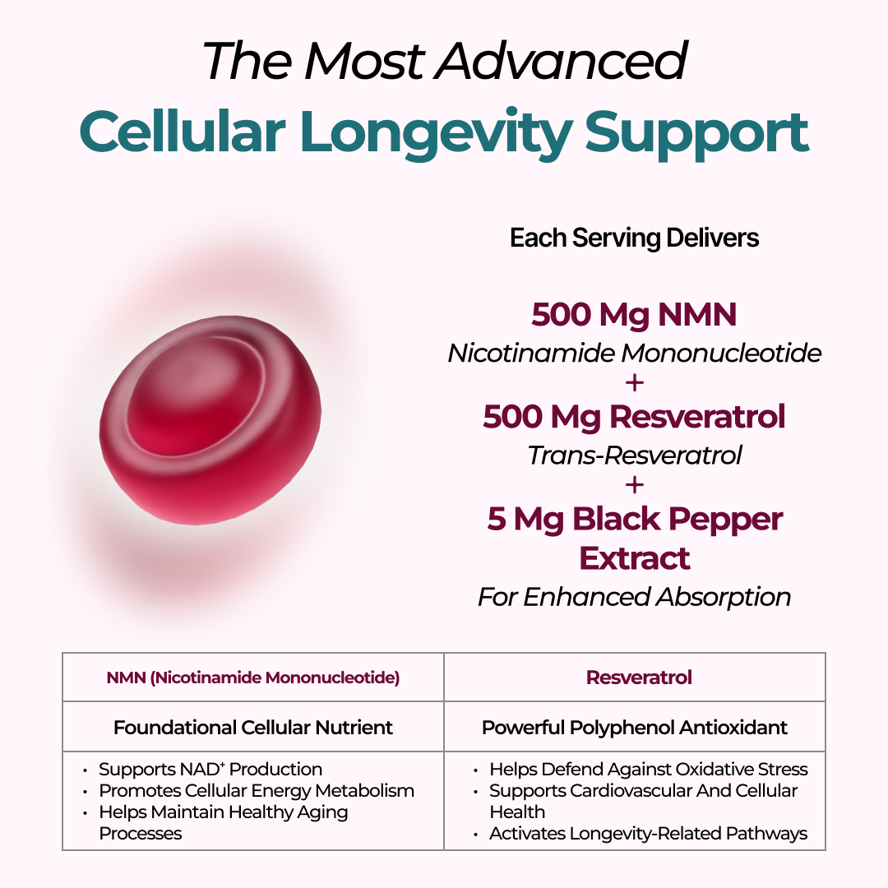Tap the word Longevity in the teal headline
point(436,135)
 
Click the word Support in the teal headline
point(696,135)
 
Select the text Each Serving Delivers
point(634,238)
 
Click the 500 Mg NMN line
point(634,315)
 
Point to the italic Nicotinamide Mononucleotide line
point(634,354)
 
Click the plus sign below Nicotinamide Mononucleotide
point(634,383)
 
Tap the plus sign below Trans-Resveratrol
point(634,485)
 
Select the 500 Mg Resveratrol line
point(634,418)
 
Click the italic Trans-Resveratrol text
point(634,456)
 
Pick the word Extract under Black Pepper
point(634,558)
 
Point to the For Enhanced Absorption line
point(634,597)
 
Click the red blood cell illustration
point(210,420)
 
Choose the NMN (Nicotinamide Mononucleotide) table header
point(253,678)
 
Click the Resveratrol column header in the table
point(639,678)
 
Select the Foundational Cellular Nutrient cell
point(253,727)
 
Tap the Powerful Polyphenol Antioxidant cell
point(634,727)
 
